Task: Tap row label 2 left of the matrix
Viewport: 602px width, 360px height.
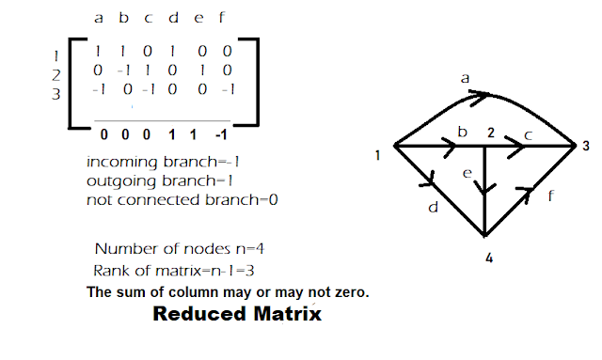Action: click(55, 75)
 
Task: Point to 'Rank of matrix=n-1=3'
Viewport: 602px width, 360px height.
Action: click(173, 271)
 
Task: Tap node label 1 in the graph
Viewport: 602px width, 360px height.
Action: click(377, 155)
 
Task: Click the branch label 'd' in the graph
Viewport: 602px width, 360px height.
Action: click(433, 208)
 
